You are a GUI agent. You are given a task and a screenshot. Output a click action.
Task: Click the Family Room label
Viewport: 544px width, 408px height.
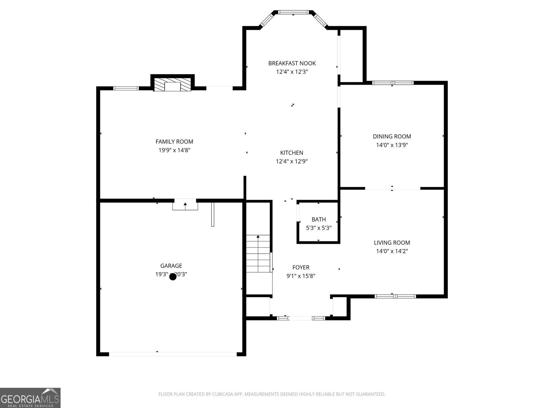point(174,142)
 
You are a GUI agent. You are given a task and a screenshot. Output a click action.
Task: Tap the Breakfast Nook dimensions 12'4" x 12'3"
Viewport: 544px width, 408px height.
point(292,72)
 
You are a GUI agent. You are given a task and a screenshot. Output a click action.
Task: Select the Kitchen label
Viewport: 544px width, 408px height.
point(291,153)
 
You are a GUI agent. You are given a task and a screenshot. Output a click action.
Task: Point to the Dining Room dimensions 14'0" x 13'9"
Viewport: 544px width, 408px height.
point(392,145)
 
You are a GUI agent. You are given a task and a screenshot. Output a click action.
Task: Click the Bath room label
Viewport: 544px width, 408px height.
point(319,220)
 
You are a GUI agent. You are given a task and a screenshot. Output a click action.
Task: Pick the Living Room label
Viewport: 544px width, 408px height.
point(392,243)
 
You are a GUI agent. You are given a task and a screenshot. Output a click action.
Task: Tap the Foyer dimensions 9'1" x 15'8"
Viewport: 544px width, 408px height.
point(301,276)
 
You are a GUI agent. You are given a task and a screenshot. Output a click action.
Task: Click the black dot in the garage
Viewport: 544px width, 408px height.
point(173,277)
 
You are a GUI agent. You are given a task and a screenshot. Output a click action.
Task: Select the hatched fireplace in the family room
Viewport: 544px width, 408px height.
point(172,85)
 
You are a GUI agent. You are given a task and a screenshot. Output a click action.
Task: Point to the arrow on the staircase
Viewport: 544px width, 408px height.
point(258,236)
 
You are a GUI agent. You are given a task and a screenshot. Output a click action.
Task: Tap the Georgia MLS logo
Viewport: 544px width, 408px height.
point(30,397)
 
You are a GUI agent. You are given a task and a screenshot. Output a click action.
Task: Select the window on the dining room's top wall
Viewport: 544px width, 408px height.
point(392,83)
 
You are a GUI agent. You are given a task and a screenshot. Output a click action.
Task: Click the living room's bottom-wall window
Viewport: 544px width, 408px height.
point(395,296)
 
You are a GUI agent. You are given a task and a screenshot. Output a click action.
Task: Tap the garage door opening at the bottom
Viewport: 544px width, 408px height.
point(173,354)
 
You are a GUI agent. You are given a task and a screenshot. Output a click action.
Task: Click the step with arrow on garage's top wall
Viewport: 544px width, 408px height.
point(185,205)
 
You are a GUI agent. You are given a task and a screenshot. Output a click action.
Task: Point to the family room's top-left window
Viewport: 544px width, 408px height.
point(126,88)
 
